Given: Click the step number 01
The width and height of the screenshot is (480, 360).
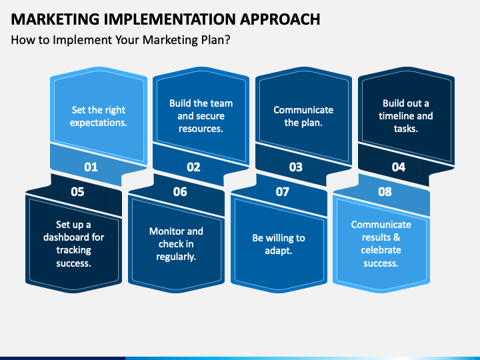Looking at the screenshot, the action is [91, 167].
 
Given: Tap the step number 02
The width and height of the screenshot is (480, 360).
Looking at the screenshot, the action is [193, 167].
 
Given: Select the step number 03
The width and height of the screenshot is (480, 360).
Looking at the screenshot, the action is [296, 167].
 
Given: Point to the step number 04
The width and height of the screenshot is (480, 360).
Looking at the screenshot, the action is [399, 167].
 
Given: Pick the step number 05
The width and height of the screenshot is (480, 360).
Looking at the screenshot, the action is [77, 192].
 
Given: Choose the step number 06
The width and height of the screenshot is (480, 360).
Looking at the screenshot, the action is [180, 192].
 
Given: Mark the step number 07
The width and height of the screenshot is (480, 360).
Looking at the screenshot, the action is [282, 192].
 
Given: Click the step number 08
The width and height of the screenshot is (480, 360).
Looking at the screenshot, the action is [385, 192].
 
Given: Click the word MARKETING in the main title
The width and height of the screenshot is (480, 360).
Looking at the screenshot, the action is [55, 19].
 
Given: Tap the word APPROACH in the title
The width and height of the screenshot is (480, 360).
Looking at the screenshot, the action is [280, 19].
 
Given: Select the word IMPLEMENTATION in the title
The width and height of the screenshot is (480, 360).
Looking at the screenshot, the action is [169, 19].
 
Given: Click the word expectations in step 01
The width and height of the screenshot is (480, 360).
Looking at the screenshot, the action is [97, 123].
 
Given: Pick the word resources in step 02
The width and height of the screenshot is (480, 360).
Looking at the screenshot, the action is [200, 129].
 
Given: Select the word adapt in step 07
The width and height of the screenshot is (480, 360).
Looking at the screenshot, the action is [277, 251].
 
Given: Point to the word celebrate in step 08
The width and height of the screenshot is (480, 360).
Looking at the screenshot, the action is [381, 250].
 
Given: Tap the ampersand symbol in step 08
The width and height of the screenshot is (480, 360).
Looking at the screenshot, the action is [397, 237].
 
